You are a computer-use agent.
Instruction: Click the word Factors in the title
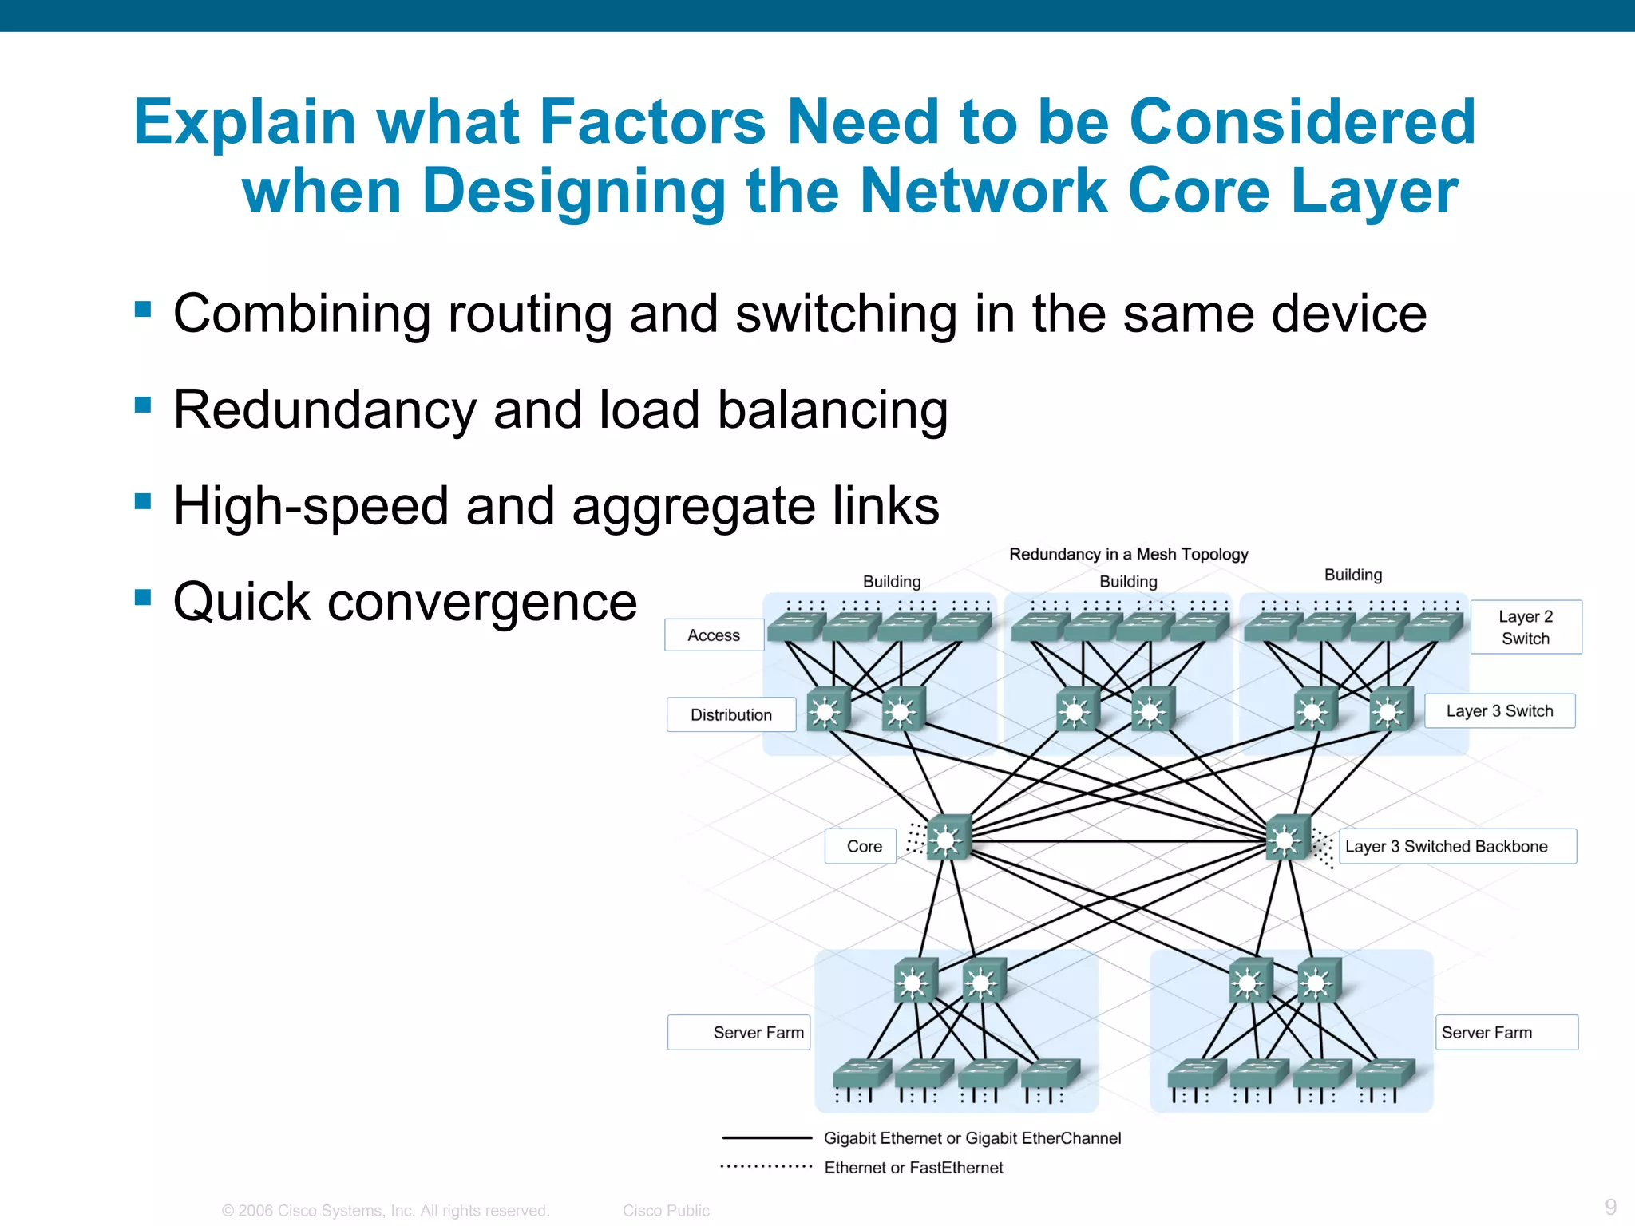[652, 122]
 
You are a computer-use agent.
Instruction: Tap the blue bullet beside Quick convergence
[144, 597]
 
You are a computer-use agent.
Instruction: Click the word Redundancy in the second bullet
[323, 410]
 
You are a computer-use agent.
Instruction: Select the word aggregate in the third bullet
[685, 507]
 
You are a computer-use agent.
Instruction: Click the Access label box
[714, 635]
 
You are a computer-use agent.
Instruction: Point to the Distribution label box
[731, 715]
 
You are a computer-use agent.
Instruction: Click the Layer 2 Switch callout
[1525, 627]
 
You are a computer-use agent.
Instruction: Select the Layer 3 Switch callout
[1499, 711]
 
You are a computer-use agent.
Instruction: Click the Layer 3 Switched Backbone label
[1456, 847]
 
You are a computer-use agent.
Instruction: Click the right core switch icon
[1288, 839]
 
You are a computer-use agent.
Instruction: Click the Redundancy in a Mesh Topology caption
[1128, 554]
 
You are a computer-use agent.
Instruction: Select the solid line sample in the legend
[766, 1138]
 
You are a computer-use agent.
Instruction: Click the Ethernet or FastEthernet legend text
[913, 1168]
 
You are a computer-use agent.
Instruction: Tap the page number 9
[1610, 1207]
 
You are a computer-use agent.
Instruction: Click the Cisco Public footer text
[666, 1211]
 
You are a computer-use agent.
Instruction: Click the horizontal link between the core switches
[1118, 841]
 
